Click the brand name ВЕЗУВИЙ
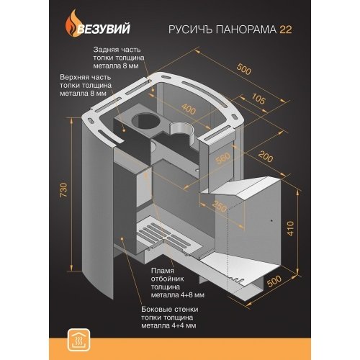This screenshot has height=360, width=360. click(104, 29)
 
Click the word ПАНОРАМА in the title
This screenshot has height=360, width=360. click(244, 30)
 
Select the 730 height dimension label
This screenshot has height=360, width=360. click(64, 190)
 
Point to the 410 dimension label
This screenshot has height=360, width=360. click(290, 228)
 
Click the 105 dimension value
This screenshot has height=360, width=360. click(258, 99)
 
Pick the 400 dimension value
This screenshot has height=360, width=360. click(189, 109)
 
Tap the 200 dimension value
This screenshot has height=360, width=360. click(266, 157)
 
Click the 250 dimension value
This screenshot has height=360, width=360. click(220, 206)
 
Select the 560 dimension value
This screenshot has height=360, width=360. click(222, 158)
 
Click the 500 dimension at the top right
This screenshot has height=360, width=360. click(243, 69)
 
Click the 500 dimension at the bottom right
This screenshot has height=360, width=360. click(274, 282)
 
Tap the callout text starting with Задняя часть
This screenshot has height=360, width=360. click(119, 58)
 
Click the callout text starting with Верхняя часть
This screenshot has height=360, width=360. click(86, 86)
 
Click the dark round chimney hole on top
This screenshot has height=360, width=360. click(144, 121)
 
